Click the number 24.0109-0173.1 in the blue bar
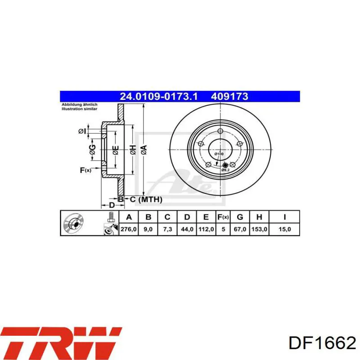point(159,96)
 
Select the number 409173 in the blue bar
point(229,96)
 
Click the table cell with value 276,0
point(129,229)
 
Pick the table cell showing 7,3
point(167,229)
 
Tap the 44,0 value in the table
point(187,229)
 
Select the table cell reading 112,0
point(206,229)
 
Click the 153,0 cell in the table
point(259,229)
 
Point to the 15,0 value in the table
point(284,229)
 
